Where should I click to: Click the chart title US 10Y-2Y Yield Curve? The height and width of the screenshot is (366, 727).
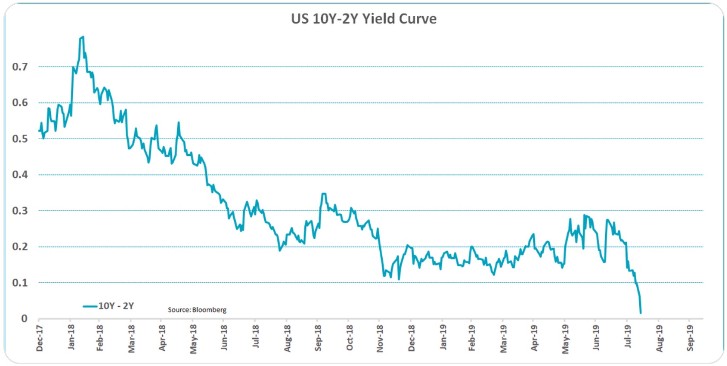(x=363, y=19)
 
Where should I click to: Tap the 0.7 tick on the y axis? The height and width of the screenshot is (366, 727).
(x=20, y=67)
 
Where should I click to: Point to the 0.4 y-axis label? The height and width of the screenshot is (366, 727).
(x=20, y=175)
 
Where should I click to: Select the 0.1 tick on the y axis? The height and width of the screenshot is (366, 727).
(x=20, y=283)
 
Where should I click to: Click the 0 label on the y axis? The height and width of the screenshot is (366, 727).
(x=24, y=319)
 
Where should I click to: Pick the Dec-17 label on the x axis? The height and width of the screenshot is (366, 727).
(x=40, y=338)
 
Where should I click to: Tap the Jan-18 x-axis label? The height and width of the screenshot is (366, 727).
(x=71, y=337)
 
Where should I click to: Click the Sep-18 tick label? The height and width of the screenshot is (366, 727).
(x=318, y=338)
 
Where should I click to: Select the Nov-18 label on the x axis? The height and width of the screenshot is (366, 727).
(x=380, y=338)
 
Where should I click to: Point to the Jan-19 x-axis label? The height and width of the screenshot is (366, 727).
(x=443, y=337)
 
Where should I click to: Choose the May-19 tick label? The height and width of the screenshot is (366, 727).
(x=565, y=339)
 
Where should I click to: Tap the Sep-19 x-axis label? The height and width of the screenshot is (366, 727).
(x=690, y=338)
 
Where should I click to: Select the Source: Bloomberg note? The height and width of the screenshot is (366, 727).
(x=197, y=310)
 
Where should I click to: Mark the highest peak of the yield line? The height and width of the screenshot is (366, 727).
(x=83, y=37)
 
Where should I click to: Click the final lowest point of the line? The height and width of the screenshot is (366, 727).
(x=640, y=313)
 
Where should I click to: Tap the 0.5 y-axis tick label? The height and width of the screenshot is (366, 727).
(x=20, y=139)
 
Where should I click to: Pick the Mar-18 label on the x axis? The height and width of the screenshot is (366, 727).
(x=131, y=339)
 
